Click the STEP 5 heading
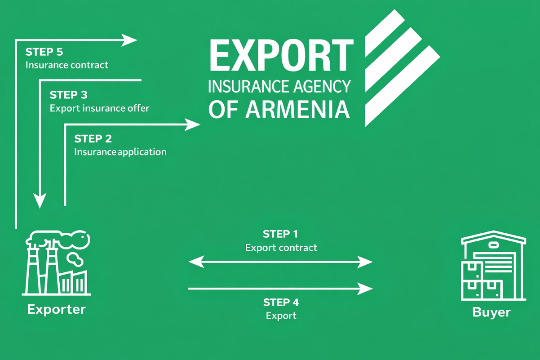pyautogui.click(x=44, y=52)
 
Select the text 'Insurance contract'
pyautogui.click(x=67, y=65)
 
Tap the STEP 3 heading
pyautogui.click(x=68, y=95)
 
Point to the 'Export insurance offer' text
pyautogui.click(x=99, y=108)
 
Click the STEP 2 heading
pyautogui.click(x=93, y=138)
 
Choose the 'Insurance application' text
pyautogui.click(x=120, y=152)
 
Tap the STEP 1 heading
pyautogui.click(x=280, y=234)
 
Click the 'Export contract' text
pyautogui.click(x=281, y=248)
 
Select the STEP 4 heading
pyautogui.click(x=281, y=302)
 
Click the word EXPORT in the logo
pyautogui.click(x=282, y=55)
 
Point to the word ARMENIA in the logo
pyautogui.click(x=297, y=110)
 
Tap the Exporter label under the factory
pyautogui.click(x=57, y=309)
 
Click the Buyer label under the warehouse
pyautogui.click(x=491, y=312)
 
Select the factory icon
pyautogui.click(x=57, y=263)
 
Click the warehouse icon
pyautogui.click(x=493, y=266)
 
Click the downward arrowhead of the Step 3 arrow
pyautogui.click(x=40, y=200)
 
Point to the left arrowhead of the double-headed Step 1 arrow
pyautogui.click(x=196, y=262)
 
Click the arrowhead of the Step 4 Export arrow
pyautogui.click(x=365, y=289)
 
